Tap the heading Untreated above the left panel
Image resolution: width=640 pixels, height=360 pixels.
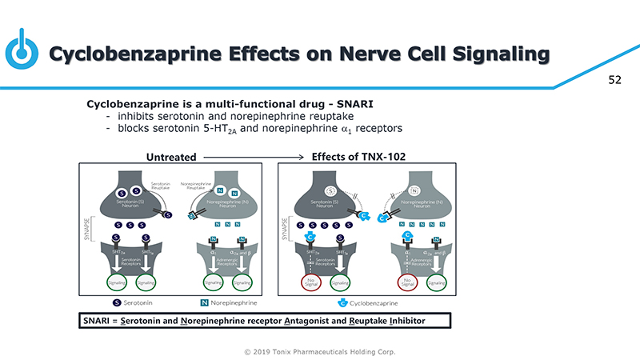click(170, 157)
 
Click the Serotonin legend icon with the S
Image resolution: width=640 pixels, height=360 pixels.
click(116, 302)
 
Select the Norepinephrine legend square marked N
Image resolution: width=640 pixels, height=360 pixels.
click(204, 302)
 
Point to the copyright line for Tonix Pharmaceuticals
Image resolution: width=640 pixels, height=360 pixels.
click(319, 352)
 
